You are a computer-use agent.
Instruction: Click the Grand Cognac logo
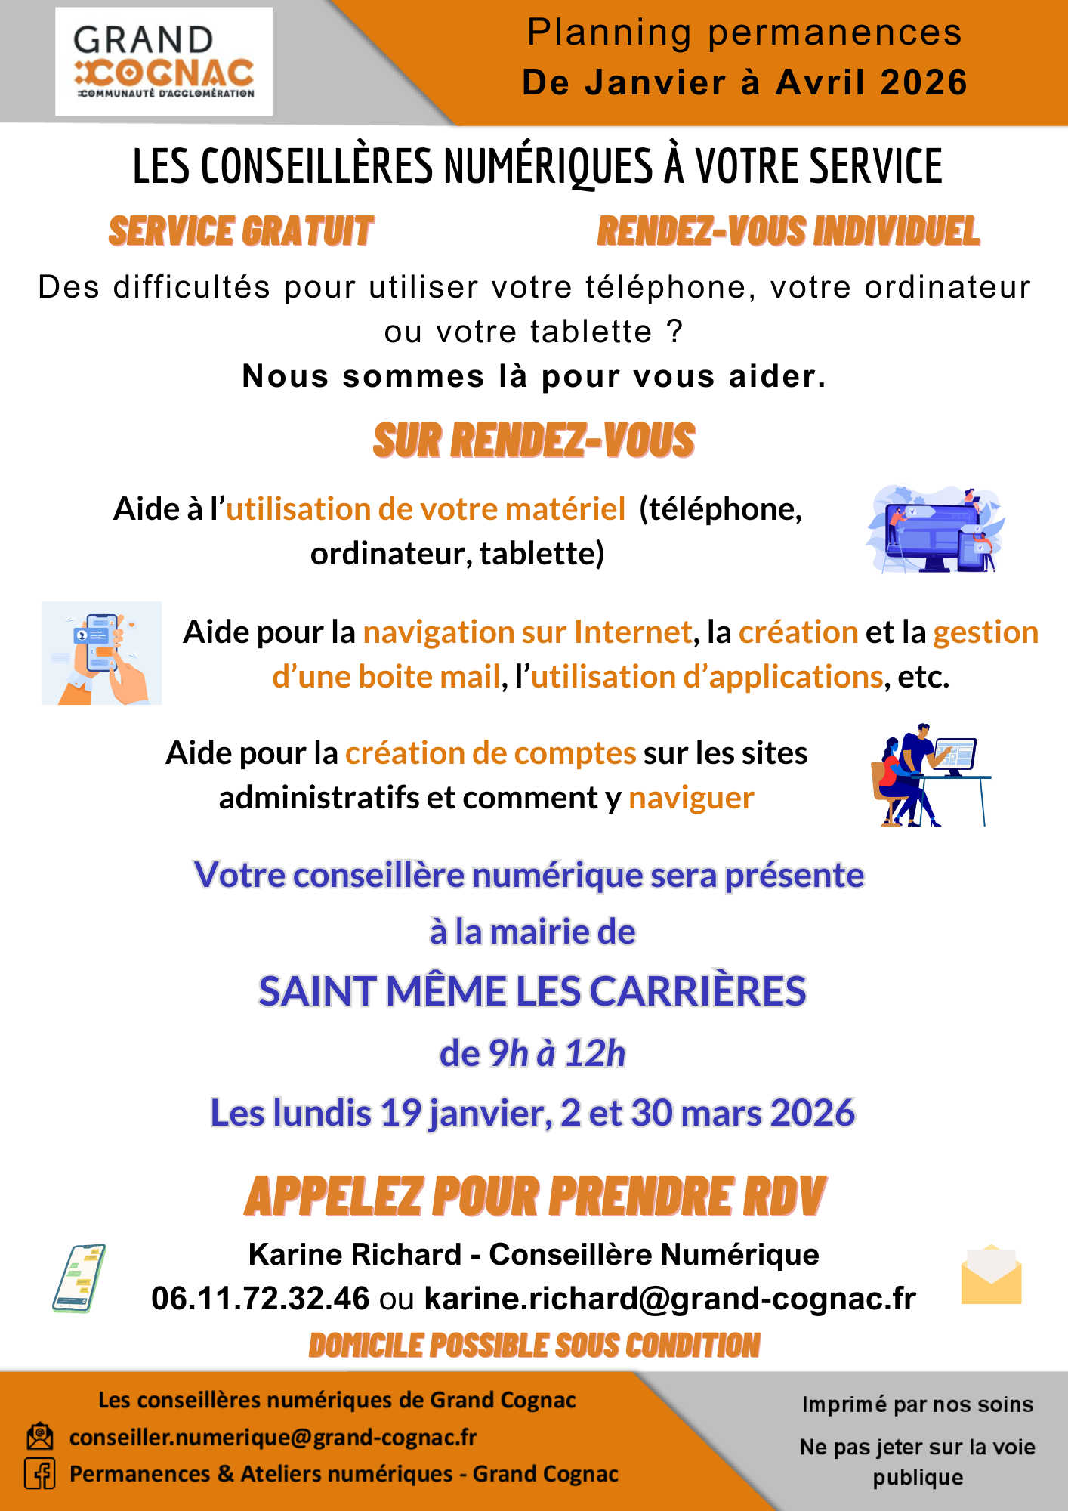164,62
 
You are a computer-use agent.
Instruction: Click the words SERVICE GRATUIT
241,231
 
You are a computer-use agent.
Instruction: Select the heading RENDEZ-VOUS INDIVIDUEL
788,231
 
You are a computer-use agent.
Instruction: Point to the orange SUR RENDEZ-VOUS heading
534,440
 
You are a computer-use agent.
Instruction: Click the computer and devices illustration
935,530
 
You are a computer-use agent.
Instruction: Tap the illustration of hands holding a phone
102,654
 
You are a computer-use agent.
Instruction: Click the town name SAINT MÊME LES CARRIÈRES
532,991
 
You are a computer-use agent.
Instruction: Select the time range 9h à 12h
557,1053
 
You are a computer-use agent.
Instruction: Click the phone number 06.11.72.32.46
261,1299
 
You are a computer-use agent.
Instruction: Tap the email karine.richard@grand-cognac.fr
670,1299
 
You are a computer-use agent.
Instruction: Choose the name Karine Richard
355,1255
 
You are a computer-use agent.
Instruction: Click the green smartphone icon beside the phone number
79,1278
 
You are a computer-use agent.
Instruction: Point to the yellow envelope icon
991,1275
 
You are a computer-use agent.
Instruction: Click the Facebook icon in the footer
40,1474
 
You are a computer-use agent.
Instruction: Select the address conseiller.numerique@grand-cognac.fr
273,1437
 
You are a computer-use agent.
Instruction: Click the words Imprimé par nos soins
917,1404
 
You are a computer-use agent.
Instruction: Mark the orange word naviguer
691,798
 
